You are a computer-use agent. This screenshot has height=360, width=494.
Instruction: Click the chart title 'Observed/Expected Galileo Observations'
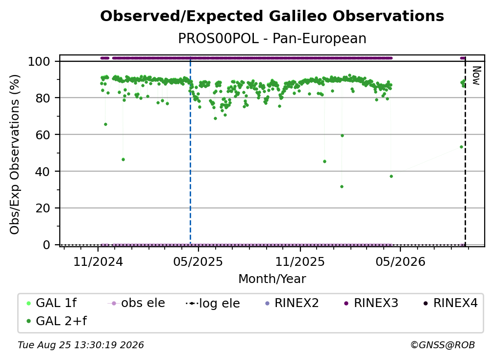click(x=272, y=16)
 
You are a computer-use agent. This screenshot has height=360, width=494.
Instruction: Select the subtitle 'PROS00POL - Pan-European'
click(x=272, y=38)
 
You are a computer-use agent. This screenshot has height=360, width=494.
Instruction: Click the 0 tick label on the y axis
click(x=47, y=245)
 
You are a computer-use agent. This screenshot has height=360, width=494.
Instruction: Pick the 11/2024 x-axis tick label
click(x=98, y=261)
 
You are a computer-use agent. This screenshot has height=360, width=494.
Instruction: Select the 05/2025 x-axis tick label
click(x=198, y=261)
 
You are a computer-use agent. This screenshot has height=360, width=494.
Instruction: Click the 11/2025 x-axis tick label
click(x=300, y=261)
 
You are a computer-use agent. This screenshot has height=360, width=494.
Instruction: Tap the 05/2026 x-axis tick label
click(x=400, y=261)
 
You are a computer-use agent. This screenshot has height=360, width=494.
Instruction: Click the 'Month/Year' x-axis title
click(x=272, y=279)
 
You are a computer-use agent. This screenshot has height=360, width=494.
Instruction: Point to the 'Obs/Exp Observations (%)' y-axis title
click(x=15, y=154)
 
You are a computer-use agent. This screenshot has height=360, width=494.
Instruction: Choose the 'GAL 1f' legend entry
click(x=51, y=303)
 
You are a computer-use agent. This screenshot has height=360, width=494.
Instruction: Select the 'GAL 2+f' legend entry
click(x=57, y=321)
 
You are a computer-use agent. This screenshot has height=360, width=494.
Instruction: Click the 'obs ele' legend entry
click(x=136, y=303)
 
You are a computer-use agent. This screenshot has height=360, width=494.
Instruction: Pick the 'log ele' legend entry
click(x=213, y=303)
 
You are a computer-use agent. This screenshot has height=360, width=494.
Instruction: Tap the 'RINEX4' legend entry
click(x=450, y=303)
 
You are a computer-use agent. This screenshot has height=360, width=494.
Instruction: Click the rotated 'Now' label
click(x=476, y=76)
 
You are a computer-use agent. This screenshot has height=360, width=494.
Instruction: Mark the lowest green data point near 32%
click(x=342, y=186)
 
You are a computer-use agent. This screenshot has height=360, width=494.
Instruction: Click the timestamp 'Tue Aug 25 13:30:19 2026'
click(x=81, y=345)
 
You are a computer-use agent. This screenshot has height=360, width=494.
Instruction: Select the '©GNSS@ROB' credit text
click(x=443, y=345)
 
